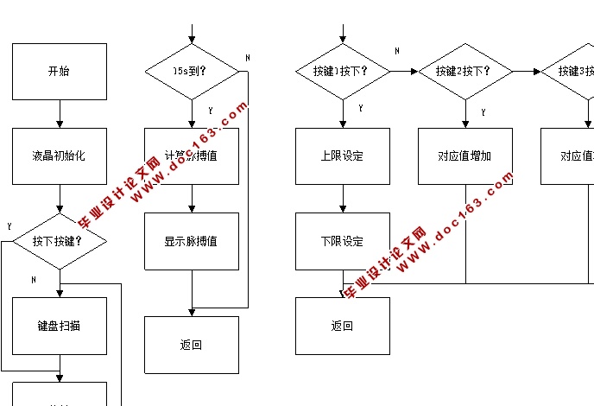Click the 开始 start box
coord(59,72)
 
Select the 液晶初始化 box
coord(59,156)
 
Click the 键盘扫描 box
coord(59,326)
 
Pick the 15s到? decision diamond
coord(191,71)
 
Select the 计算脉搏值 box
coord(191,156)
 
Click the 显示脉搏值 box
coord(191,241)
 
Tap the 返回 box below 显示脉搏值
coord(191,345)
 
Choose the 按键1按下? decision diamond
coord(343,71)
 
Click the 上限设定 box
coord(343,156)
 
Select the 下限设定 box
coord(343,241)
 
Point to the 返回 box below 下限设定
coord(343,326)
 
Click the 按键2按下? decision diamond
coord(466,71)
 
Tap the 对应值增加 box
coord(466,156)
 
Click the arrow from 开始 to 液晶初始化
coord(59,114)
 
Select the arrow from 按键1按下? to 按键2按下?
coord(403,71)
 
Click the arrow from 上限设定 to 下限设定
coord(343,198)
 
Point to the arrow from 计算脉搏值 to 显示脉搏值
coord(191,198)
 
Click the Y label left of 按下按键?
coord(9,226)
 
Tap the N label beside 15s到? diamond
coord(247,58)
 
